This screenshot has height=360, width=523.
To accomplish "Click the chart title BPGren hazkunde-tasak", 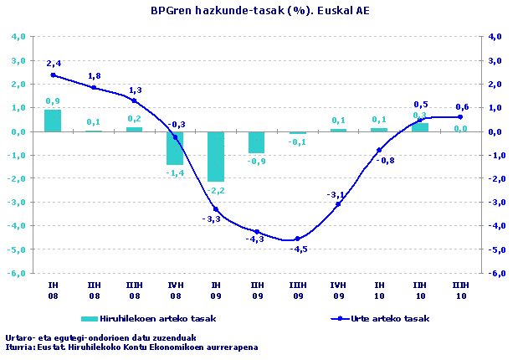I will (260, 11).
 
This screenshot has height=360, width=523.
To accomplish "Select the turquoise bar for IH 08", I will (53, 121).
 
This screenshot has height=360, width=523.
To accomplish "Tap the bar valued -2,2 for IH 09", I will (216, 156).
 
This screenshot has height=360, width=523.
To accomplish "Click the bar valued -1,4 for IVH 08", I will (175, 148).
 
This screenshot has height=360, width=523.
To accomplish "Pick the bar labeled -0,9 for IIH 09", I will (256, 142).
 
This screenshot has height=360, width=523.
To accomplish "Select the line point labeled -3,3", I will (216, 209).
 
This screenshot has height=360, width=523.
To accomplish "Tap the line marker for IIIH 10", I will (460, 117).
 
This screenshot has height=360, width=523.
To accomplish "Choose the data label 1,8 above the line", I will (95, 76).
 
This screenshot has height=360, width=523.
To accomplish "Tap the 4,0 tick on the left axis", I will (18, 37).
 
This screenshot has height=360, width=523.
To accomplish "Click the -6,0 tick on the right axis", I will (495, 273).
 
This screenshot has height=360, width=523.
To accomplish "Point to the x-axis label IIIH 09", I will (297, 290).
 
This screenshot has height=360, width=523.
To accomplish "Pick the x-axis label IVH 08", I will (175, 290).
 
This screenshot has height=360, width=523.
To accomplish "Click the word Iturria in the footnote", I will (20, 347).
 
